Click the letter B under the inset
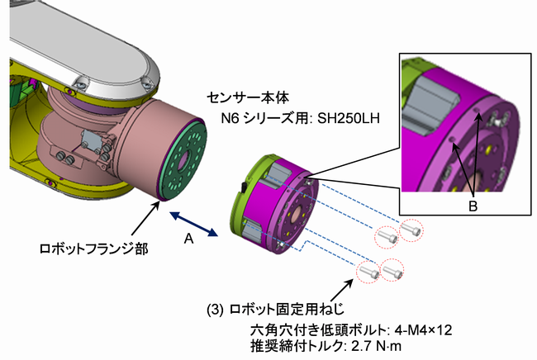pos(473,206)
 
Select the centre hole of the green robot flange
pos(183,157)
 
